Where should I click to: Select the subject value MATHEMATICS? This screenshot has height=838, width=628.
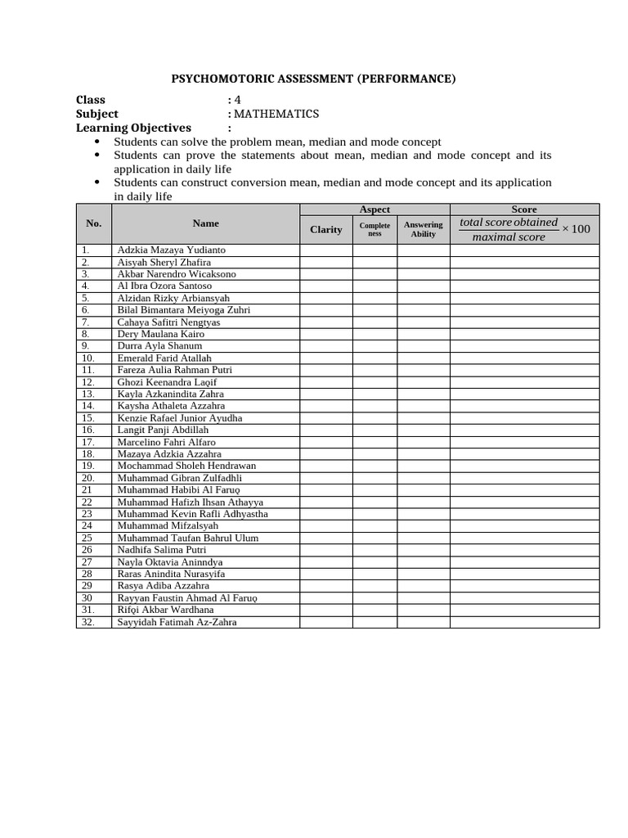click(x=276, y=114)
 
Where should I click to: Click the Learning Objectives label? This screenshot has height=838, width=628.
click(x=133, y=128)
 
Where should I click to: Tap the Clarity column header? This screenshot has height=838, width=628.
click(x=325, y=229)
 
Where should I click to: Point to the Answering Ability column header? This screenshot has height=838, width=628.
click(x=423, y=229)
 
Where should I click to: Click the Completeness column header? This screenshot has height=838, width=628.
click(x=375, y=229)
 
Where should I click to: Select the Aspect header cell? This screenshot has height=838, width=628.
click(x=375, y=209)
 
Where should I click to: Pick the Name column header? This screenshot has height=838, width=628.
click(x=205, y=223)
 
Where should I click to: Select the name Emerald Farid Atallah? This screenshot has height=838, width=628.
click(x=164, y=358)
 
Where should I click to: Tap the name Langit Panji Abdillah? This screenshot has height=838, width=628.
click(x=163, y=430)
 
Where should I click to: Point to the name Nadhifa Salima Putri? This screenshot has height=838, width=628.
click(x=161, y=550)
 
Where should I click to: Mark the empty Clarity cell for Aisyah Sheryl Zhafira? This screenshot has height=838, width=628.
click(x=325, y=262)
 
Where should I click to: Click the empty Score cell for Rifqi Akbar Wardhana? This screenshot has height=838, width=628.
click(x=524, y=610)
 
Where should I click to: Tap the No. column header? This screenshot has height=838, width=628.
click(x=93, y=223)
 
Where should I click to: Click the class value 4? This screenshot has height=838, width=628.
click(x=237, y=100)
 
